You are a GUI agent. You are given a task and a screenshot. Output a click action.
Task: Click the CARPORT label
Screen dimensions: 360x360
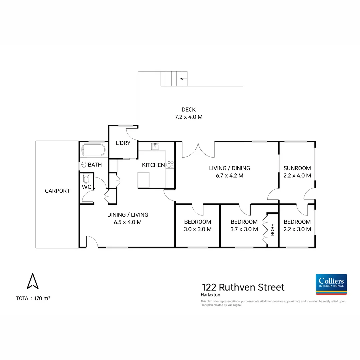pyautogui.click(x=57, y=191)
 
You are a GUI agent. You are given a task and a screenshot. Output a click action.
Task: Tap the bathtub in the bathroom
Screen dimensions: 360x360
pyautogui.click(x=93, y=150)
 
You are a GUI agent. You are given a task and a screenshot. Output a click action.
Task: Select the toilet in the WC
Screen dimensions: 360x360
pyautogui.click(x=86, y=179)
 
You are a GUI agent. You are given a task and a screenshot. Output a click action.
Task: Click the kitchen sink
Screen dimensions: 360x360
pyautogui.click(x=155, y=146)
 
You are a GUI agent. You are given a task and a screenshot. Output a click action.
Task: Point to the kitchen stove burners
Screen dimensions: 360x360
pyautogui.click(x=170, y=164)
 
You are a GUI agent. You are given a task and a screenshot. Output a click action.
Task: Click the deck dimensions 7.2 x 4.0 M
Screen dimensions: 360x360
pyautogui.click(x=188, y=117)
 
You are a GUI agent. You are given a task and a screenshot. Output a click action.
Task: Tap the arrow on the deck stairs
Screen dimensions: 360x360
pyautogui.click(x=183, y=79)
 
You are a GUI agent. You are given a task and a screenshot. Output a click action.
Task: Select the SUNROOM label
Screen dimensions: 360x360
pyautogui.click(x=297, y=168)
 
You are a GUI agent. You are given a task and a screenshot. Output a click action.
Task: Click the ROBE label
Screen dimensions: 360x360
pyautogui.click(x=272, y=230)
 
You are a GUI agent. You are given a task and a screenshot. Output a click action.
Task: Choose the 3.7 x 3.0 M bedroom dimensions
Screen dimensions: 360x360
pyautogui.click(x=244, y=229)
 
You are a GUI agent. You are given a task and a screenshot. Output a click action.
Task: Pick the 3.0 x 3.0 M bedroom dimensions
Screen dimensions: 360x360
pyautogui.click(x=198, y=229)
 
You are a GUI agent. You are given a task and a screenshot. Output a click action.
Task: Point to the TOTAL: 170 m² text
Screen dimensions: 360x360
pyautogui.click(x=33, y=298)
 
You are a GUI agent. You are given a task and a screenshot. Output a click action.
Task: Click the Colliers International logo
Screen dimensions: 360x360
pyautogui.click(x=331, y=284)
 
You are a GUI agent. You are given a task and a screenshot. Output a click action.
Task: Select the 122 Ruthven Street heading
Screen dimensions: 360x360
pyautogui.click(x=243, y=287)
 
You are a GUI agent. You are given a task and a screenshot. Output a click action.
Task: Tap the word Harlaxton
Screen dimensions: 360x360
pyautogui.click(x=210, y=295)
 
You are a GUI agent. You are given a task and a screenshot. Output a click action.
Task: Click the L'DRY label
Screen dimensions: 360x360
pyautogui.click(x=123, y=143)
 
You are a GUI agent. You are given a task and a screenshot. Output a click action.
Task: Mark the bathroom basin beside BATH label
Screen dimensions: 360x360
pyautogui.click(x=84, y=165)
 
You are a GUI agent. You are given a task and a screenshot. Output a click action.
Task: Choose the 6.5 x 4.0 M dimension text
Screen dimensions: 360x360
pyautogui.click(x=128, y=222)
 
